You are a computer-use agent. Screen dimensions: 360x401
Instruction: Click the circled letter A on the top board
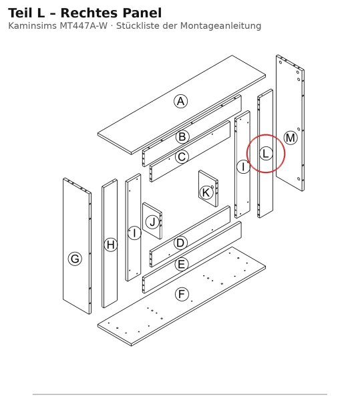pos(180,102)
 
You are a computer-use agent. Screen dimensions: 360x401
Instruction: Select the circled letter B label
pos(182,137)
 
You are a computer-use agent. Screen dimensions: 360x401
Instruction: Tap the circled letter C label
pos(182,157)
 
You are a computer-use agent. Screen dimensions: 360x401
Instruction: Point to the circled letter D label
pos(180,243)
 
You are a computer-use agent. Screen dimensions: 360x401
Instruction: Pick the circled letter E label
pos(182,264)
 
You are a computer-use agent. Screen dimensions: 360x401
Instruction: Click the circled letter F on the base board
pos(182,294)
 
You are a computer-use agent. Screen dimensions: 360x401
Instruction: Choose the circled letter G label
pos(75,259)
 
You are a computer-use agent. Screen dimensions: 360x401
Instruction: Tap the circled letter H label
pos(111,245)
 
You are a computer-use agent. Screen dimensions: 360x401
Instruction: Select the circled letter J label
pos(152,222)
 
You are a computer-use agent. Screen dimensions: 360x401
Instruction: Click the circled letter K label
pos(206,192)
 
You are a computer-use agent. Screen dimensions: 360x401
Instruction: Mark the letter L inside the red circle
pos(266,154)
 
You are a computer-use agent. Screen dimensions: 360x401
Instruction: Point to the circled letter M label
pos(291,138)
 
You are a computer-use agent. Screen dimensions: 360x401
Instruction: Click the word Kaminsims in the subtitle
pos(33,26)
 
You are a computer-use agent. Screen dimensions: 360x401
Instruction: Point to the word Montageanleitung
pos(221,26)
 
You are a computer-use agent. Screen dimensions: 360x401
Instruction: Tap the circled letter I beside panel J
pos(134,233)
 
